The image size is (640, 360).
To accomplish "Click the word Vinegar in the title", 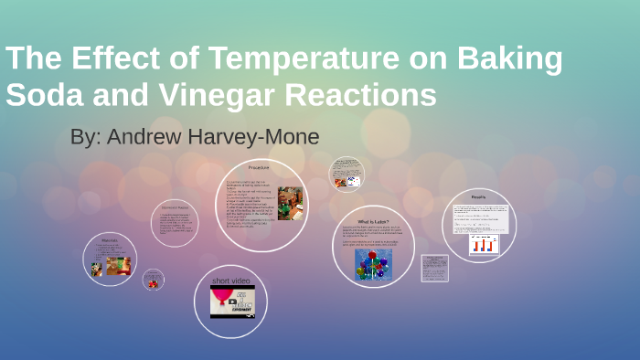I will [224, 95].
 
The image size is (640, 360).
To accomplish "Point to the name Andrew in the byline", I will [142, 137].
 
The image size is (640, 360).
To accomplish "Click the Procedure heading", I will [261, 167].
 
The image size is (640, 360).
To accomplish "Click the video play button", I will [232, 301].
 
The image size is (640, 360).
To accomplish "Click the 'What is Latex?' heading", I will [374, 222].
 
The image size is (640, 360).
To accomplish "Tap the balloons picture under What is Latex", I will [371, 264].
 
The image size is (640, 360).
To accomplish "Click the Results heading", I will [478, 196].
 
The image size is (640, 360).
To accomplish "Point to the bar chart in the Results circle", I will [482, 244].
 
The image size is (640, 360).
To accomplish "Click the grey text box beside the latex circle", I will [434, 268].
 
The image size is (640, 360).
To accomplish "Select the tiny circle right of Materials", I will [154, 281].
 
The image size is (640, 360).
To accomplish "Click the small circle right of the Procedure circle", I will [347, 175].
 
